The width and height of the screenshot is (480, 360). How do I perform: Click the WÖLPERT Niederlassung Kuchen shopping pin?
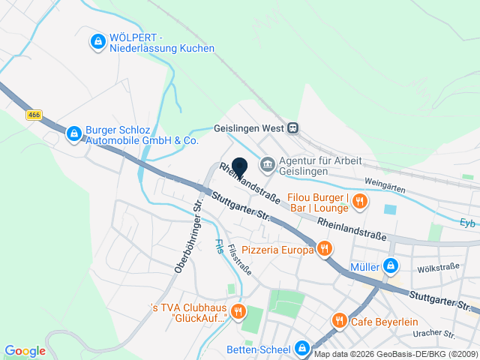click(97, 41)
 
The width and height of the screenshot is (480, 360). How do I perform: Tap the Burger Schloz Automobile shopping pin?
click(73, 133)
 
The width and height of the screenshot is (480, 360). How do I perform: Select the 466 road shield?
click(33, 115)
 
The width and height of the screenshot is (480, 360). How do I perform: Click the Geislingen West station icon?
click(292, 127)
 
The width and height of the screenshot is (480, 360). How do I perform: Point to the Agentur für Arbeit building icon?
click(267, 164)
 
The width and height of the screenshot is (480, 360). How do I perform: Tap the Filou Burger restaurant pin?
click(360, 200)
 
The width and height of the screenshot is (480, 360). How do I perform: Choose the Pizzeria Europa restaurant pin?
click(324, 248)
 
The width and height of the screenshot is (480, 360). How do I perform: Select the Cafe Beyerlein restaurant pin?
click(339, 320)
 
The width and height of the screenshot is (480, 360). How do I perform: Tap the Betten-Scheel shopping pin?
click(301, 349)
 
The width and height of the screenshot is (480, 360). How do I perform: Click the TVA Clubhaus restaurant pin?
click(238, 310)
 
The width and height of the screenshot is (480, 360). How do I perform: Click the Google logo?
click(25, 350)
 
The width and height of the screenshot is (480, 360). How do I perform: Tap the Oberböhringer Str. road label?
click(189, 236)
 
